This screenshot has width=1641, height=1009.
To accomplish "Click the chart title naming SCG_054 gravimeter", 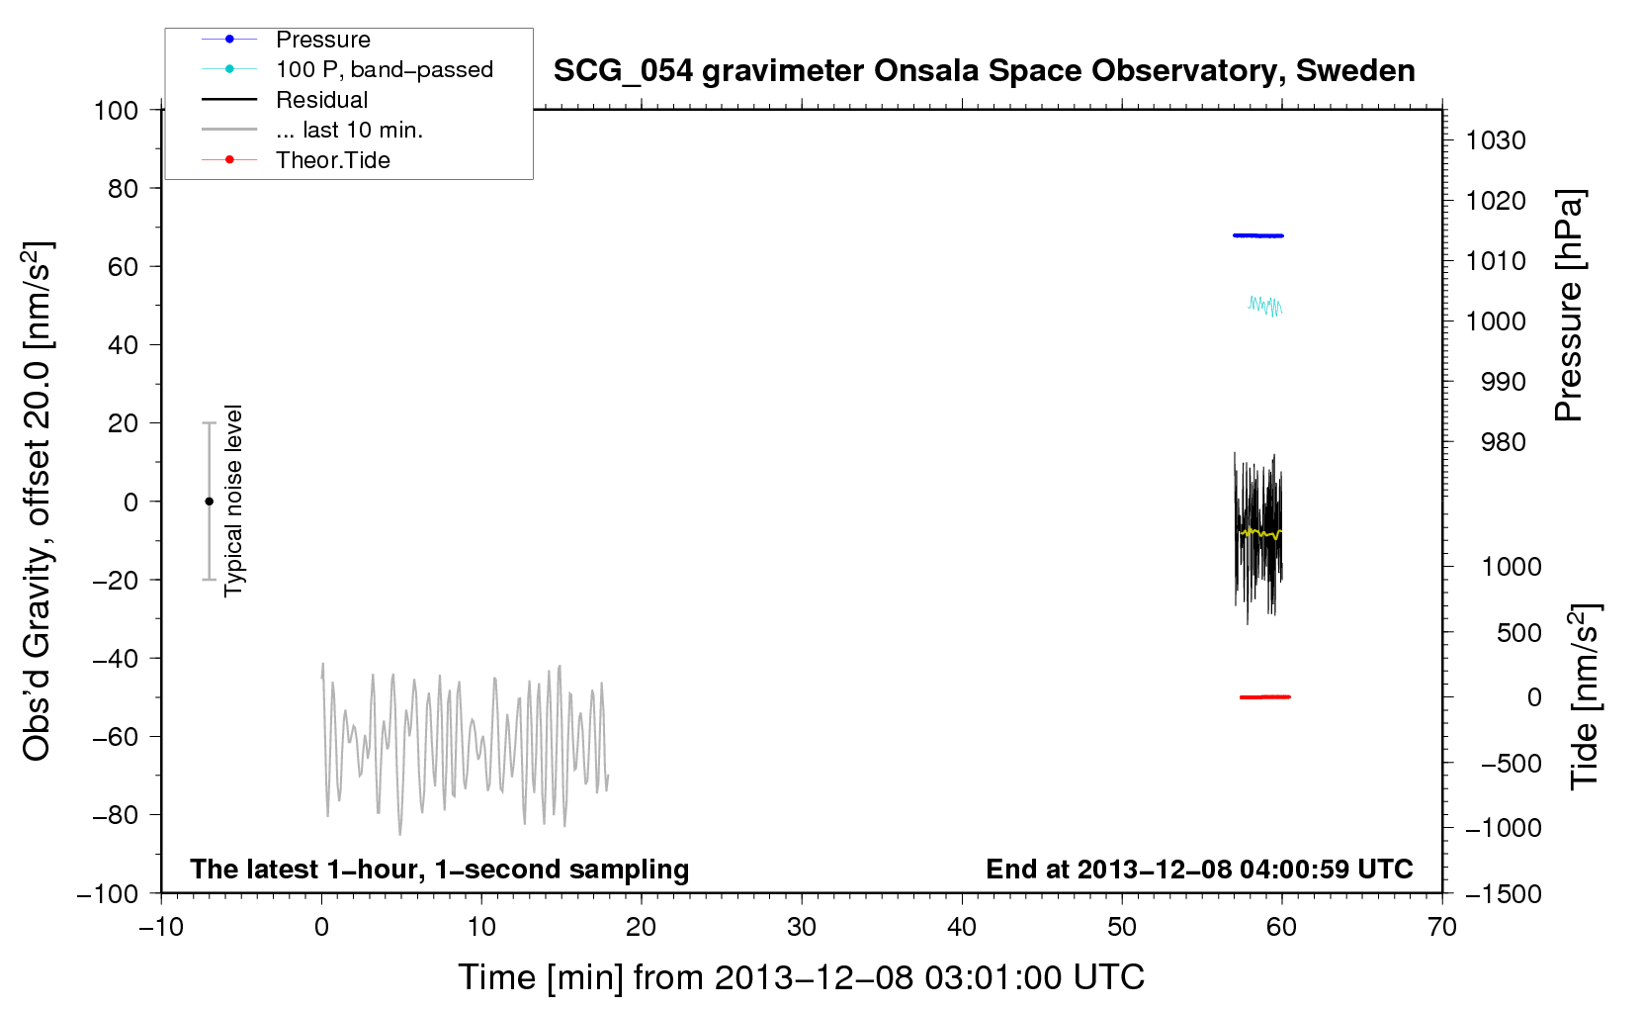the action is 984,71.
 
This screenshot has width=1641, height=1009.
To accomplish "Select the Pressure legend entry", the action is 286,39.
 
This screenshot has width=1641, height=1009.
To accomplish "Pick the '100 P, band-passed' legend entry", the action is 347,69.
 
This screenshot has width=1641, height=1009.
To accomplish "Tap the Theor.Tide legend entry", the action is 296,160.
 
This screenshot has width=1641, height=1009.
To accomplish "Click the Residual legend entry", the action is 285,99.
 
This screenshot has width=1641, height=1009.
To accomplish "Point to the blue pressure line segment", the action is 1257,235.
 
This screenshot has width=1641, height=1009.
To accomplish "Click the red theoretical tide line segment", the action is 1265,696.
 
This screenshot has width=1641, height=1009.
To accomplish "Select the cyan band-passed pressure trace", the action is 1264,306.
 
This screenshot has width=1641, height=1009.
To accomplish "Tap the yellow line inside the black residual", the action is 1258,533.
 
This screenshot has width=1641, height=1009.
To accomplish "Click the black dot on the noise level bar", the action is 209,502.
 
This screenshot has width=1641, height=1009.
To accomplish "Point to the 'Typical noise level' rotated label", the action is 232,501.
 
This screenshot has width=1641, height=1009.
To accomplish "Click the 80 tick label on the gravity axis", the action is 123,189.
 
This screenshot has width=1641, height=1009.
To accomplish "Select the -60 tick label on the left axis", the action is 115,736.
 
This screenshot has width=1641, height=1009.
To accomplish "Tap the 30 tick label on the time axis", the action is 802,927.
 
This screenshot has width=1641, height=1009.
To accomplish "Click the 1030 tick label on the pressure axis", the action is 1496,139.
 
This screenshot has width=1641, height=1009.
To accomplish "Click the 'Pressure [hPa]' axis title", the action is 1569,306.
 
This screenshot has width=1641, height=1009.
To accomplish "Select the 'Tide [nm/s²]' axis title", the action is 1585,696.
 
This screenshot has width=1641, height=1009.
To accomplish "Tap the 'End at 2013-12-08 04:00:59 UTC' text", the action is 1199,869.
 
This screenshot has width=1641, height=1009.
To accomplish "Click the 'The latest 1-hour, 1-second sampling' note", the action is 440,869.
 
